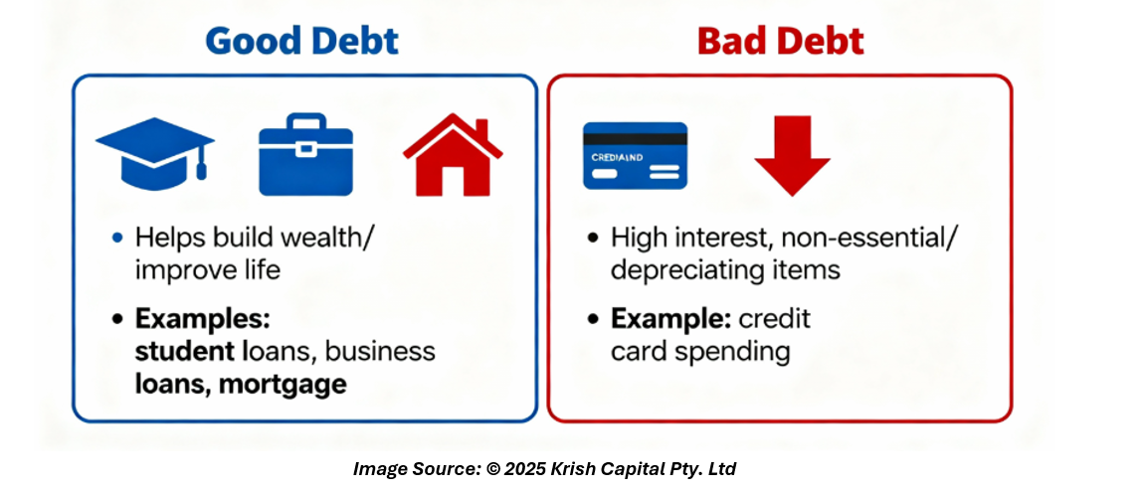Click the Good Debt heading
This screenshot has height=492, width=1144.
302,41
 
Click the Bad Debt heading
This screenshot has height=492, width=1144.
781,41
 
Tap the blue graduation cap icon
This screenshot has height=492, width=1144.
155,153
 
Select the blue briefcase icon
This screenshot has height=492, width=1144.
305,154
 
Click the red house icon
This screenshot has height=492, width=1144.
453,154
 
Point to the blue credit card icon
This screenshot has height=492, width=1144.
635,155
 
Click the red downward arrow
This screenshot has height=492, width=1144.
792,155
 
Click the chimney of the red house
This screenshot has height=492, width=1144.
480,130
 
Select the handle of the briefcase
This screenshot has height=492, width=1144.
305,121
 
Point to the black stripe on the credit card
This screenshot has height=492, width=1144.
635,138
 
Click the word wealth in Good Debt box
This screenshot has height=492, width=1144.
319,238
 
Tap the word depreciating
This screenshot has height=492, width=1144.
682,270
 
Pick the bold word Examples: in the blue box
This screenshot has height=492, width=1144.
203,319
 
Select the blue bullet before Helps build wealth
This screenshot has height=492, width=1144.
117,238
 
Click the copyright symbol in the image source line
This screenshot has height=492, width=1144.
493,469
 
